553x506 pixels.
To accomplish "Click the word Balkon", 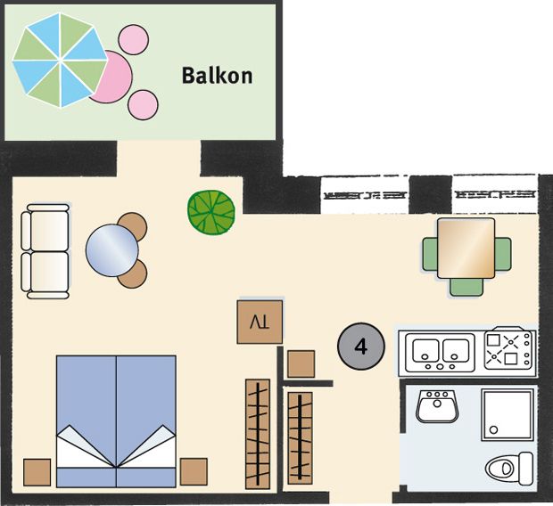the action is [x=217, y=76].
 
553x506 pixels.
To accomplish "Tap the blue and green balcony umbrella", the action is [x=60, y=60].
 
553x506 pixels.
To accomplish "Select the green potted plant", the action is [x=211, y=212].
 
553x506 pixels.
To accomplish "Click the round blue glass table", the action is [x=112, y=250].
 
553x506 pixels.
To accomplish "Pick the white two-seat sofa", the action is [x=45, y=251].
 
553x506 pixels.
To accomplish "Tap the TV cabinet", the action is [x=260, y=322].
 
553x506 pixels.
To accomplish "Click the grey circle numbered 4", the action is [x=361, y=347].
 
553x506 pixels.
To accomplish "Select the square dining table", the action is [x=466, y=248].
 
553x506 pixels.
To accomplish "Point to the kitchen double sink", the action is [x=440, y=353].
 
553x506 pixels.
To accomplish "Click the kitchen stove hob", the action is [x=508, y=349].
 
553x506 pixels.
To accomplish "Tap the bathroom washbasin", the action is [x=437, y=406].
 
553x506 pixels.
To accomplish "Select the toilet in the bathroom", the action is [x=509, y=469].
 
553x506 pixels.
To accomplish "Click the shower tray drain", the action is [x=494, y=429].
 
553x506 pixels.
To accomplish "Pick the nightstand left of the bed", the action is [x=37, y=472].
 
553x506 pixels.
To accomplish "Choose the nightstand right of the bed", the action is [x=194, y=471].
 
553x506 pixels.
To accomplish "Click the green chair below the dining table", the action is [x=466, y=287].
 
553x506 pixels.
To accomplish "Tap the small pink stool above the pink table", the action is [x=133, y=39].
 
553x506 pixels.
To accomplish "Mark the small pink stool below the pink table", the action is [x=143, y=104].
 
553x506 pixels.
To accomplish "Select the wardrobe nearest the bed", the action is [x=258, y=434].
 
